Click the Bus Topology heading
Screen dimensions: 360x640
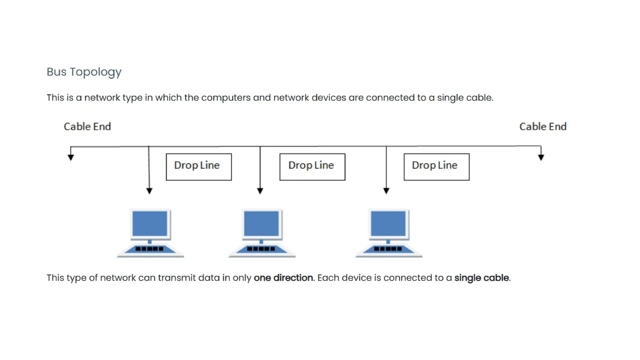tap(84, 72)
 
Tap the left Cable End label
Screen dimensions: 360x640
tap(87, 127)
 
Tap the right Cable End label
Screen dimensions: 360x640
tap(542, 127)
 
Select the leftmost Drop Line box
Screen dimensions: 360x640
tap(199, 167)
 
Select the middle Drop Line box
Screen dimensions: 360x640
tap(312, 167)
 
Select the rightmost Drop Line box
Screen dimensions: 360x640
tap(436, 167)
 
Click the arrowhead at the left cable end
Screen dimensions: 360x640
tap(71, 157)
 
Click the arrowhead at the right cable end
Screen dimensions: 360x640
tap(541, 157)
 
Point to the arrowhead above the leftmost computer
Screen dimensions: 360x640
tap(149, 191)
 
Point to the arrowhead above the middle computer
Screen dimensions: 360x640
tap(260, 191)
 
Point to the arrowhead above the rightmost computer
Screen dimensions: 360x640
tap(386, 191)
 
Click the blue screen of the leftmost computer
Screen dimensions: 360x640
tap(150, 223)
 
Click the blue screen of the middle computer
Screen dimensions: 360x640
tap(261, 223)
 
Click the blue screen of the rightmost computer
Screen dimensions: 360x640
tap(388, 223)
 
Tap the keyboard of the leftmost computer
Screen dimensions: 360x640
tap(150, 249)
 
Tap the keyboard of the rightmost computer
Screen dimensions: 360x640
tap(388, 249)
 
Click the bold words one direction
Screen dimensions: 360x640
tap(283, 278)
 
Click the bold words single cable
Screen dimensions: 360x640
tap(481, 278)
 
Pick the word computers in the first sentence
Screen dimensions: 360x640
tap(226, 98)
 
